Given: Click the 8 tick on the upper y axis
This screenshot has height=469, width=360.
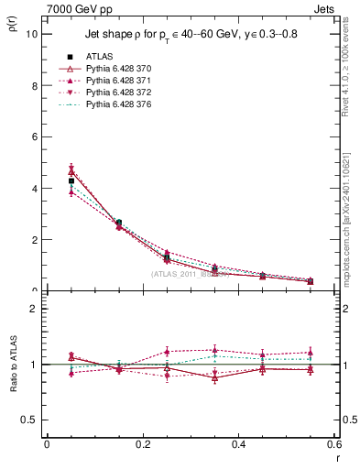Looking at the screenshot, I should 35,86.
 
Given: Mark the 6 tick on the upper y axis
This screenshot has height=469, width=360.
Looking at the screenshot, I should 35,137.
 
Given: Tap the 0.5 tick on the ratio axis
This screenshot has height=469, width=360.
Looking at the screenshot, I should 31,420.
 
